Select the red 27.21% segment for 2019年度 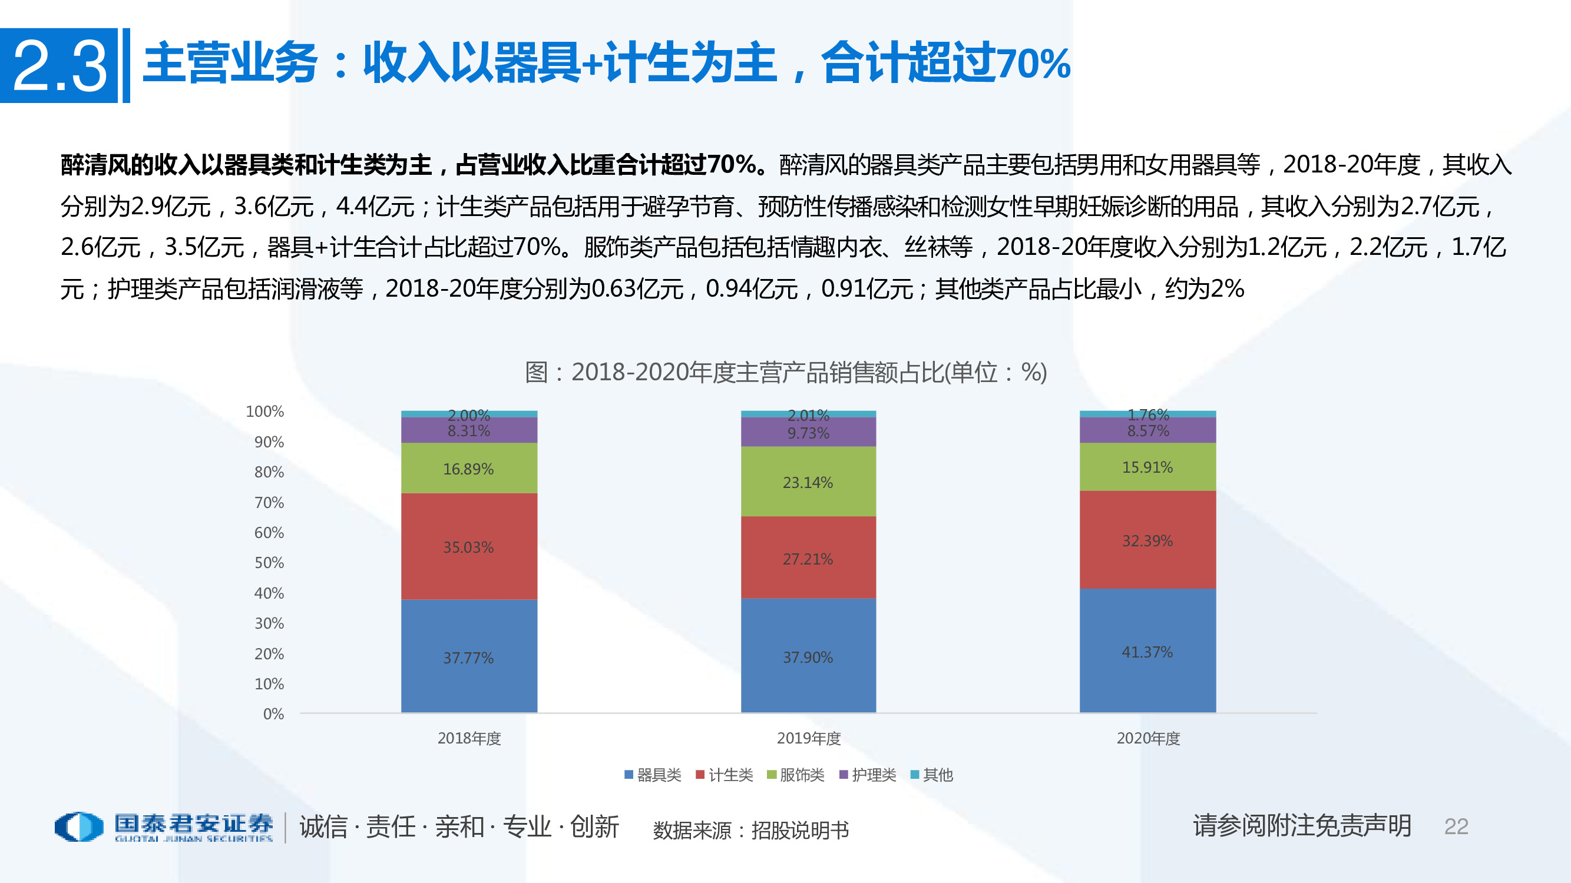click(808, 542)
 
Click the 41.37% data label click(1147, 652)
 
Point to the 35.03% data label click(468, 547)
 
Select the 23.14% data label click(808, 483)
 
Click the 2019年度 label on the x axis click(809, 739)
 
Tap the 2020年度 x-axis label click(1147, 739)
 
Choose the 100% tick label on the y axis click(264, 411)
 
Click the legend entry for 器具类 click(653, 775)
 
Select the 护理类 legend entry click(868, 775)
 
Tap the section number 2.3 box click(59, 66)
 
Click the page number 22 click(1456, 826)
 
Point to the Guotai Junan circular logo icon click(80, 827)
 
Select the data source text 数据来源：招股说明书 click(750, 830)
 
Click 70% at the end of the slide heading click(1034, 64)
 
